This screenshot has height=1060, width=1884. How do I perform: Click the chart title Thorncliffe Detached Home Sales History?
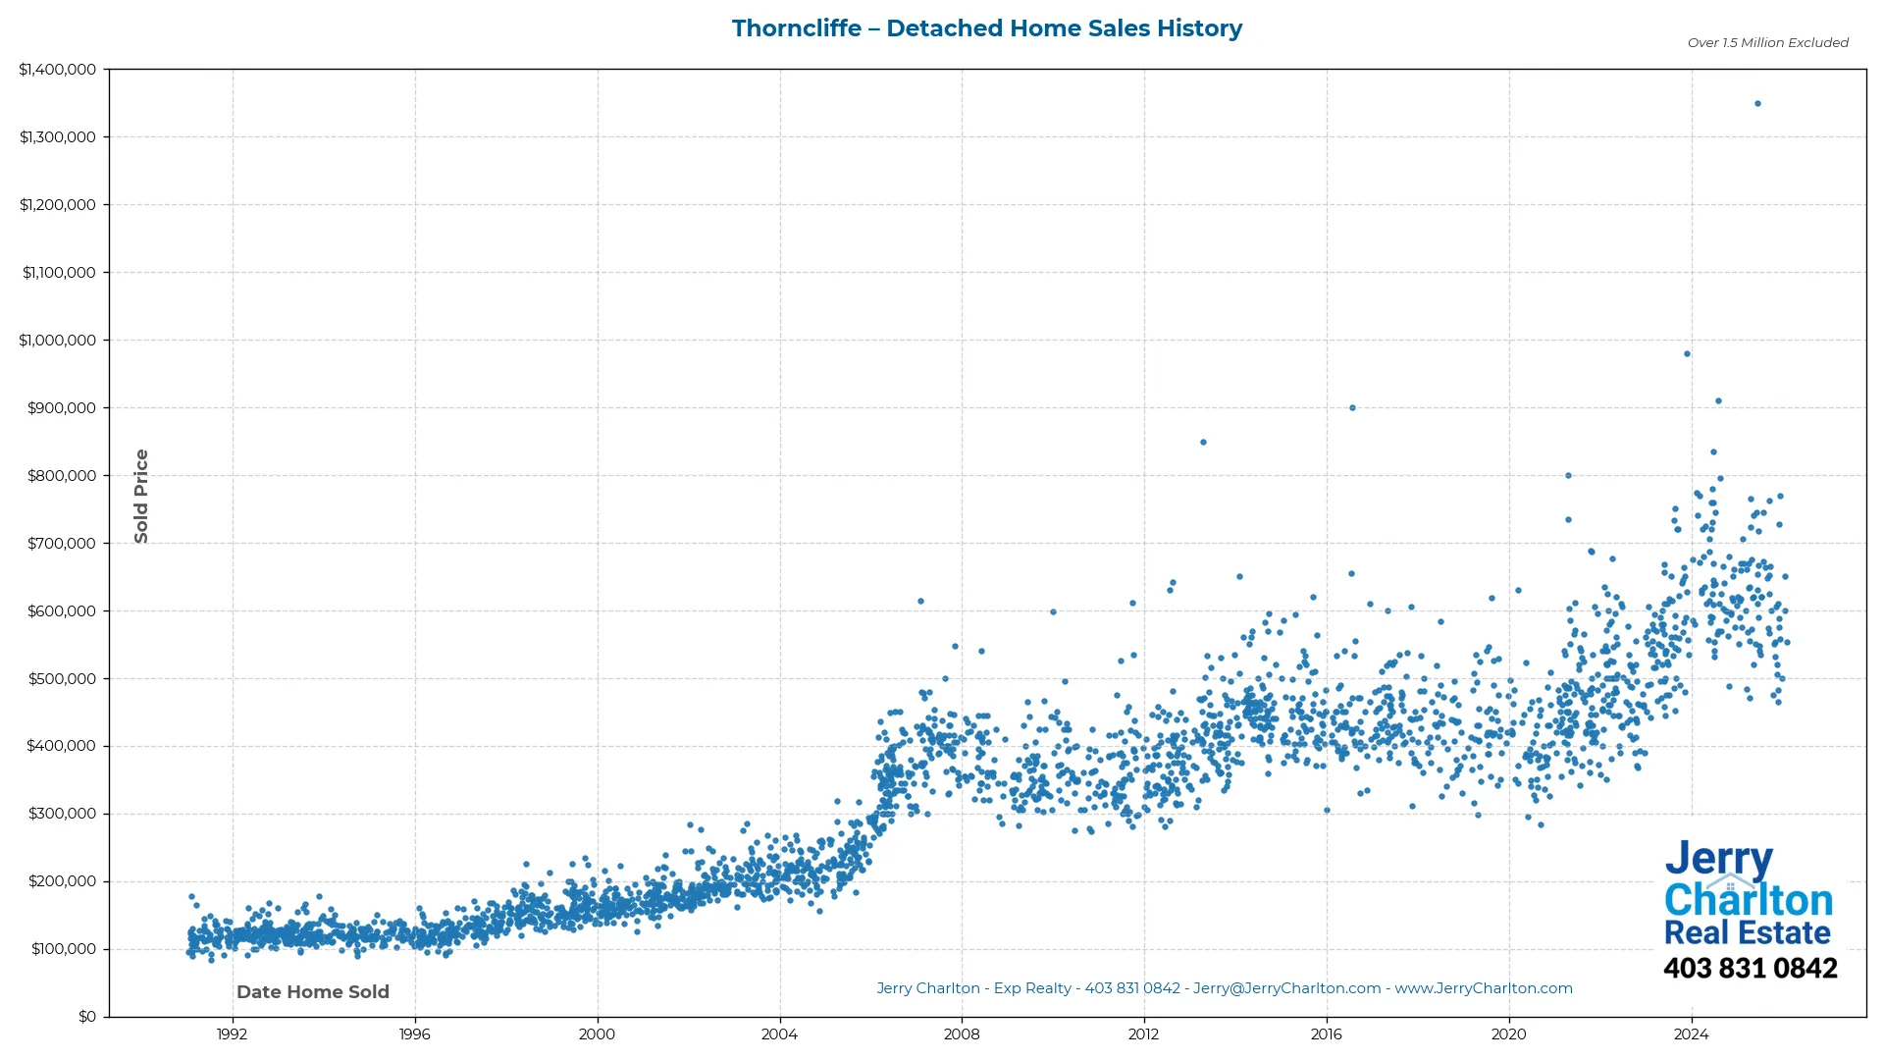(x=986, y=28)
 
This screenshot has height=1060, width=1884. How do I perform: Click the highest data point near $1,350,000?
(x=1757, y=103)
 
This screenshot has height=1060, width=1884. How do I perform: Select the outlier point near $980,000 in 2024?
(x=1687, y=353)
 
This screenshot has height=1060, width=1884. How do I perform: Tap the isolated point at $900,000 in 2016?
(x=1352, y=407)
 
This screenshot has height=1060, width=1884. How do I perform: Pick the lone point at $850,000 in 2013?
(x=1203, y=442)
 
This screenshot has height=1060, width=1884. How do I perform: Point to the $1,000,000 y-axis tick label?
(x=57, y=340)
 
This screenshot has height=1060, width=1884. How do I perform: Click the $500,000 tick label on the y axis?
(x=61, y=678)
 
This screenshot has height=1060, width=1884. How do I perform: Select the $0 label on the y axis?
(x=86, y=1016)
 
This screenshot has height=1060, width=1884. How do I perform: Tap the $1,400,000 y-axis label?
(x=57, y=70)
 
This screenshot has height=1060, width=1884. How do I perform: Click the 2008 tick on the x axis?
(x=961, y=1033)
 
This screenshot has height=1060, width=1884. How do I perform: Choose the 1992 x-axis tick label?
(x=232, y=1033)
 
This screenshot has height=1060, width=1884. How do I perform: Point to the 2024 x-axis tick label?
(x=1691, y=1033)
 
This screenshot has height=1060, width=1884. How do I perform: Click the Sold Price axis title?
(x=141, y=496)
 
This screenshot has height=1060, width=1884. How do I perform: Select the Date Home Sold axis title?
(x=312, y=991)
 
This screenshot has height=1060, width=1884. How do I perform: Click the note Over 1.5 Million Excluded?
(x=1767, y=42)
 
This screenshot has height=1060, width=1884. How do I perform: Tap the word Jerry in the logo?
(x=1718, y=859)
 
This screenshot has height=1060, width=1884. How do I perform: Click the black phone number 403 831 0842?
(x=1750, y=968)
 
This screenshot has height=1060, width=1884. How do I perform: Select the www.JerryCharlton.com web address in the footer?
(x=1483, y=988)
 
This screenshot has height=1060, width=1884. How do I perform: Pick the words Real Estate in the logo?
(x=1747, y=931)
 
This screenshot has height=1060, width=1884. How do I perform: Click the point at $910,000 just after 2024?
(x=1718, y=400)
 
